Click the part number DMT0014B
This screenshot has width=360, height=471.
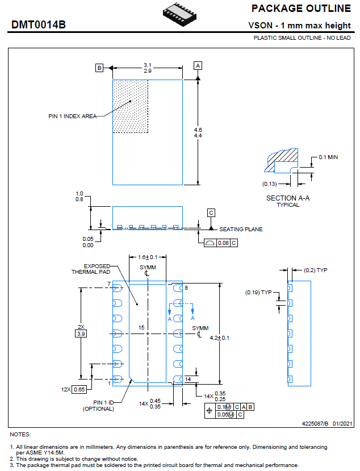tap(39, 26)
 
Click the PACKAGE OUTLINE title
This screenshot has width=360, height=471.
tap(301, 9)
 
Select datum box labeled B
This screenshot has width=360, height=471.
tap(99, 68)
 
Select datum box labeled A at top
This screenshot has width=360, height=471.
tap(198, 65)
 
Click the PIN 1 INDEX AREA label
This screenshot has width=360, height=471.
tap(72, 116)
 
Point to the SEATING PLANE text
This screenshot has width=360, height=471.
tap(241, 230)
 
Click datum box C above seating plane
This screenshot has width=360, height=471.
tap(211, 213)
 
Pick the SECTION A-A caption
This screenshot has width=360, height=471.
tap(288, 198)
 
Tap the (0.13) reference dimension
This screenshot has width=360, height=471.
tap(270, 184)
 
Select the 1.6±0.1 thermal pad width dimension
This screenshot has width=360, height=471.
tap(148, 257)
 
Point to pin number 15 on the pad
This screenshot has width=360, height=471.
tap(142, 328)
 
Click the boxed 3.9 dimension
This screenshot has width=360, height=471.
tap(82, 334)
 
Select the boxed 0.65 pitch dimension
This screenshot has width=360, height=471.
tap(79, 389)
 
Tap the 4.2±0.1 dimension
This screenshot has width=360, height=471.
tap(235, 337)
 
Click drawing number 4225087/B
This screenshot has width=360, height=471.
tap(319, 423)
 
